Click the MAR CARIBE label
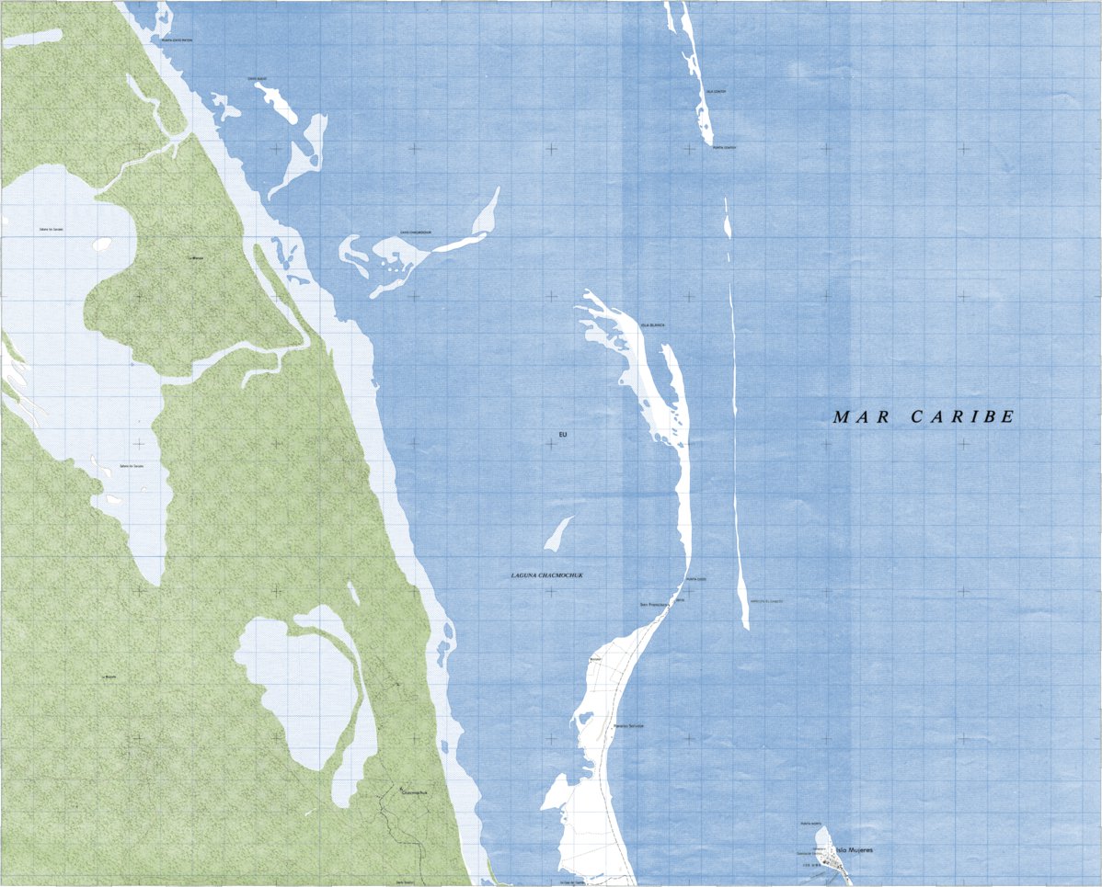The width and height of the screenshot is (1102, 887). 923,416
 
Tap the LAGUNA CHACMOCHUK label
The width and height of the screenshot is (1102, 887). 547,575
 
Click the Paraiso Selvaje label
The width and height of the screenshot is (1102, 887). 628,726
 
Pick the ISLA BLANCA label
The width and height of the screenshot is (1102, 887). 652,325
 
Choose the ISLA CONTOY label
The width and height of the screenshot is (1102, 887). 716,92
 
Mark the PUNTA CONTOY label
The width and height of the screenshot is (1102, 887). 724,147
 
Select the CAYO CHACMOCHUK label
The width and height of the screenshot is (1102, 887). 415,233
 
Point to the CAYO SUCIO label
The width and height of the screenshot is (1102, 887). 257,79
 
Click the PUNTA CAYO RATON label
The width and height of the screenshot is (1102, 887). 177,40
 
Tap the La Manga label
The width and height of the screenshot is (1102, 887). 195,258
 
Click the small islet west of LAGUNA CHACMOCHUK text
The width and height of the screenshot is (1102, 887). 557,532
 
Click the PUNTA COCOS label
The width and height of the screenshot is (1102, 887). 695,579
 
